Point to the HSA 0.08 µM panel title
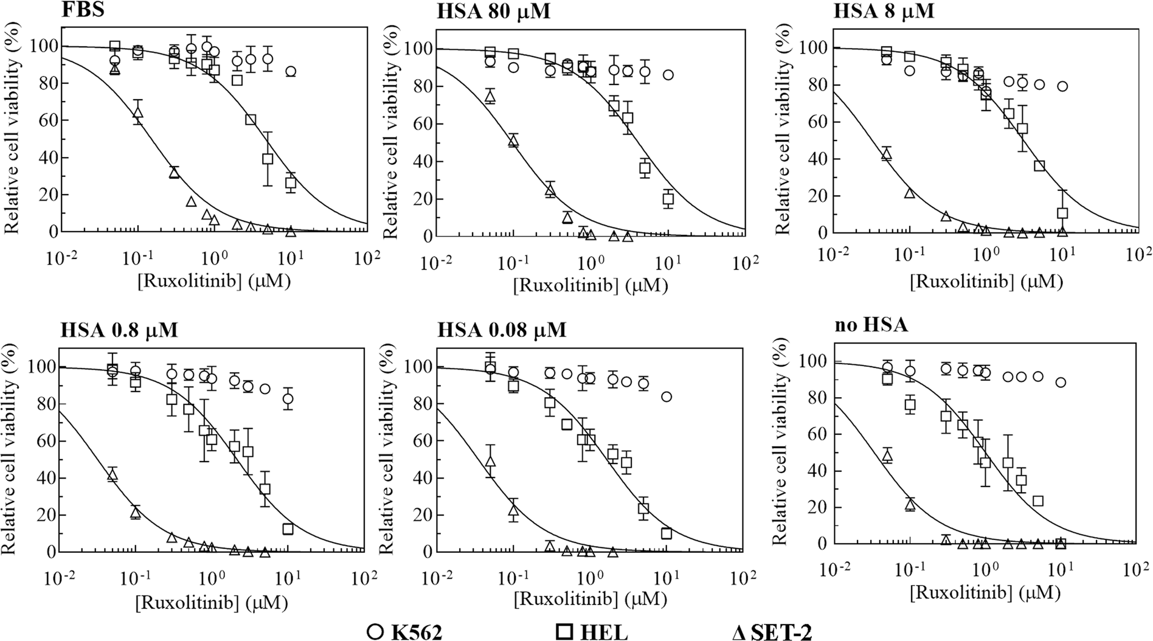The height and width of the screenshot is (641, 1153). point(502,329)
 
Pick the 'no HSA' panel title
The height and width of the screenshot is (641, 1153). point(870,325)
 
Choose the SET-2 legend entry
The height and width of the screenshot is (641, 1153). point(772,631)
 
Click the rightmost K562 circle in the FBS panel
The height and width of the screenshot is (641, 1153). point(291,72)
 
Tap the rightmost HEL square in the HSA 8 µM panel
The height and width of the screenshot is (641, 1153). point(1062,213)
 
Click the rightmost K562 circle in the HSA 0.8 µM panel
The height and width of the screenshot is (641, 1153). point(288,399)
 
